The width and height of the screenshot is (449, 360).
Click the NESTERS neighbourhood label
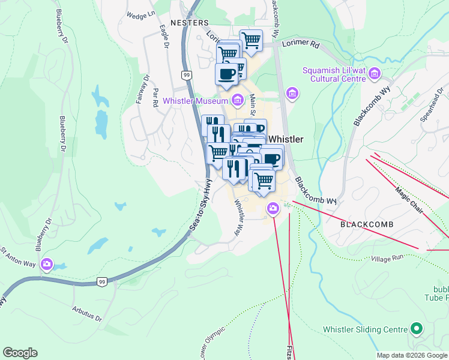pyautogui.click(x=188, y=22)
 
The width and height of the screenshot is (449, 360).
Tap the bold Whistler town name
pyautogui.click(x=286, y=139)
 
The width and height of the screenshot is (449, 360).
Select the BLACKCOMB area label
pyautogui.click(x=367, y=224)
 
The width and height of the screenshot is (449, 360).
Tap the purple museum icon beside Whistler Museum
pyautogui.click(x=238, y=100)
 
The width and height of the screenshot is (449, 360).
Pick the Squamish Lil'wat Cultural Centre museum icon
pyautogui.click(x=375, y=74)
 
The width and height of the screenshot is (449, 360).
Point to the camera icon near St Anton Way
pyautogui.click(x=47, y=265)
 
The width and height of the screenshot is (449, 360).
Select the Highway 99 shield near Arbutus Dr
pyautogui.click(x=101, y=282)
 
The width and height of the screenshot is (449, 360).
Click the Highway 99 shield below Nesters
pyautogui.click(x=187, y=74)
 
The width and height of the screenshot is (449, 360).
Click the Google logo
pyautogui.click(x=20, y=353)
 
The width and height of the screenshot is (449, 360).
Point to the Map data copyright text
pyautogui.click(x=412, y=355)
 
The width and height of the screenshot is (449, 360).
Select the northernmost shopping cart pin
pyautogui.click(x=251, y=40)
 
